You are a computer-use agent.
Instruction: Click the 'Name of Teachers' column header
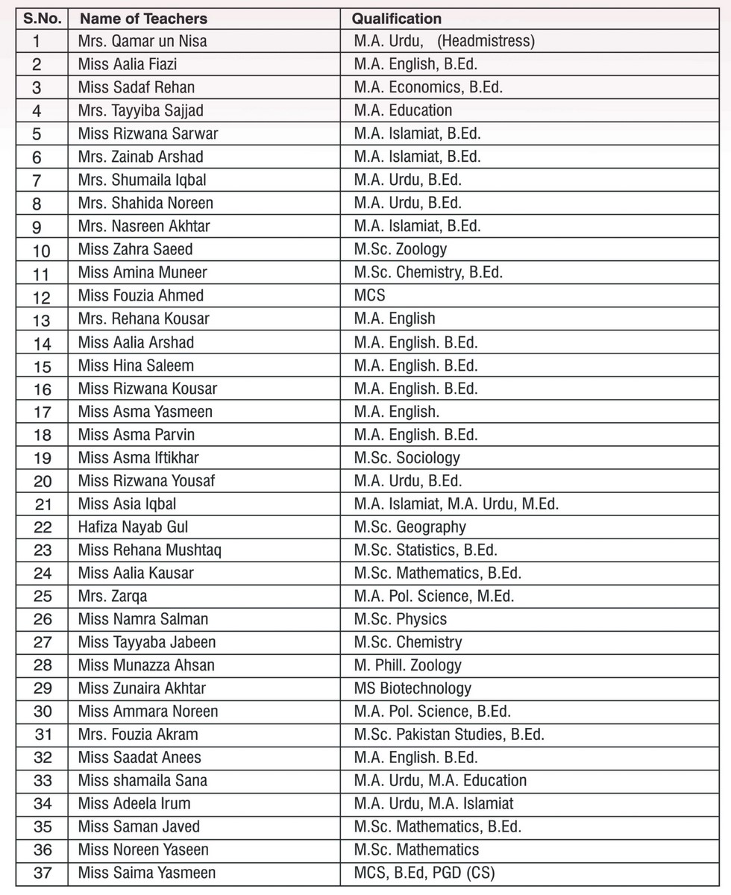pyautogui.click(x=143, y=19)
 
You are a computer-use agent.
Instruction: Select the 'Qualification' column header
pyautogui.click(x=397, y=19)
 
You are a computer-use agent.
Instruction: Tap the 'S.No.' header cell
pyautogui.click(x=42, y=19)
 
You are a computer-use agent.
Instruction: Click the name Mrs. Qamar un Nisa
pyautogui.click(x=142, y=42)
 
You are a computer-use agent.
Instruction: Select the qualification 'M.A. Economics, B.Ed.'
pyautogui.click(x=428, y=87)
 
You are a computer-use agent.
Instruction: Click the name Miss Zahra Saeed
pyautogui.click(x=135, y=249)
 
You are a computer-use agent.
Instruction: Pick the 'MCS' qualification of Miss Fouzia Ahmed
pyautogui.click(x=370, y=295)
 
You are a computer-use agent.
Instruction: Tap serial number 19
pyautogui.click(x=43, y=458)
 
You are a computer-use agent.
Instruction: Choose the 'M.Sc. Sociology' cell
pyautogui.click(x=407, y=457)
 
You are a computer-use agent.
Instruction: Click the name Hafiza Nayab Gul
pyautogui.click(x=133, y=527)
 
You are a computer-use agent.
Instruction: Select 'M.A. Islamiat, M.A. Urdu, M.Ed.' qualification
pyautogui.click(x=456, y=504)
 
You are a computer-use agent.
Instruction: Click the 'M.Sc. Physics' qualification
pyautogui.click(x=400, y=619)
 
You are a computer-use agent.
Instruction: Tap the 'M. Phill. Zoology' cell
pyautogui.click(x=407, y=665)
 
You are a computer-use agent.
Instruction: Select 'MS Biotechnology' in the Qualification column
pyautogui.click(x=412, y=688)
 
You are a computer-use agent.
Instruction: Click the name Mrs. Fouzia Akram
pyautogui.click(x=138, y=735)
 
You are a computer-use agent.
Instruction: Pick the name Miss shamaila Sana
pyautogui.click(x=142, y=781)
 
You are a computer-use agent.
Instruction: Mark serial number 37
pyautogui.click(x=43, y=873)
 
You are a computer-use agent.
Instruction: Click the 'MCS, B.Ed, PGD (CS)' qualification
pyautogui.click(x=424, y=873)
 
